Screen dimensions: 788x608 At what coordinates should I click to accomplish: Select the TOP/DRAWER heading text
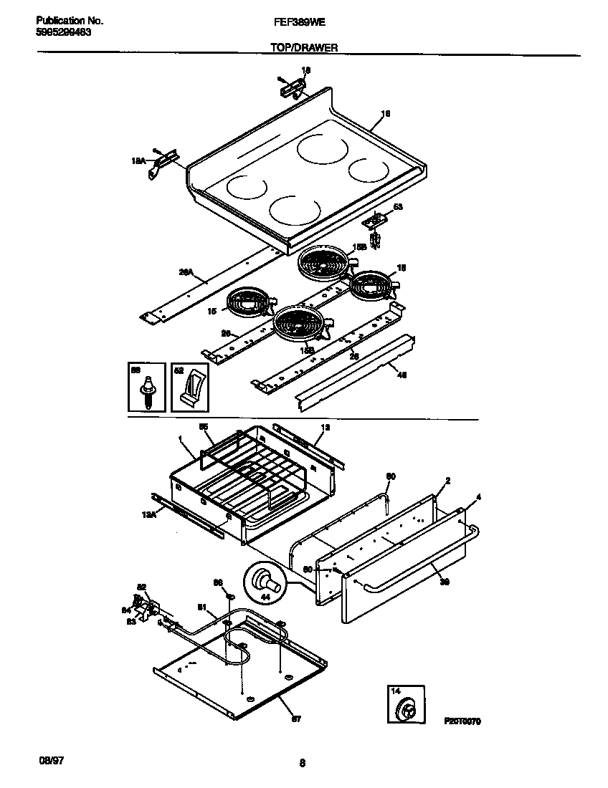click(x=304, y=47)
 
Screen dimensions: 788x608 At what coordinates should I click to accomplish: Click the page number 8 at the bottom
click(x=303, y=764)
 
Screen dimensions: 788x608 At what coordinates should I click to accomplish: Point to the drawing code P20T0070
click(x=461, y=721)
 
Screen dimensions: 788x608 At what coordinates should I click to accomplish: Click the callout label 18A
click(x=138, y=162)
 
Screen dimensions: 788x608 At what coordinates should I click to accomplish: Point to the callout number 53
click(x=398, y=207)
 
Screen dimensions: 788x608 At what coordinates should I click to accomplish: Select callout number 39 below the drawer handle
click(x=444, y=582)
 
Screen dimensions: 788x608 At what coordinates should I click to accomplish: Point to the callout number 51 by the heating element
click(x=202, y=608)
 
